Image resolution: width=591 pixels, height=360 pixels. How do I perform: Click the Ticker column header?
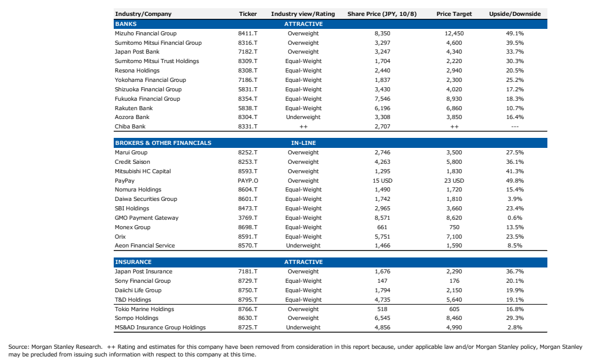(x=247, y=14)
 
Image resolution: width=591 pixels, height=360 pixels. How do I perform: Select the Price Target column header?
(x=454, y=14)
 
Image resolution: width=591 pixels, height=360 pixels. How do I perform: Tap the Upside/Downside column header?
(x=515, y=14)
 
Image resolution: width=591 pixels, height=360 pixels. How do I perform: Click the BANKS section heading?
(x=126, y=24)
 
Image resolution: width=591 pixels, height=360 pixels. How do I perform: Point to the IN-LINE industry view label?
(x=303, y=143)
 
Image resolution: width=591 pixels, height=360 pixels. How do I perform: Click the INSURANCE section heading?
(x=133, y=262)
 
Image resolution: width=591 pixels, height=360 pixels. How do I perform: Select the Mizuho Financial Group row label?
(x=146, y=33)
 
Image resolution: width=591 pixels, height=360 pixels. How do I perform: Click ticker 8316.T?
(x=247, y=42)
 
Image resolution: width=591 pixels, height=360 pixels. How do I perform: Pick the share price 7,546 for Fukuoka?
(x=382, y=99)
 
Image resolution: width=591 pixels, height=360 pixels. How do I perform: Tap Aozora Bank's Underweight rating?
(x=303, y=117)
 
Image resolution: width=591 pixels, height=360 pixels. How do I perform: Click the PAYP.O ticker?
(x=247, y=180)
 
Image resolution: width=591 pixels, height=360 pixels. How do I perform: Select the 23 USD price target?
(x=454, y=180)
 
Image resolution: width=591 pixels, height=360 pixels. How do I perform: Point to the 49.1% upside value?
(x=515, y=33)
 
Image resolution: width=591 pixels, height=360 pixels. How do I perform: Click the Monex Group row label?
(x=133, y=227)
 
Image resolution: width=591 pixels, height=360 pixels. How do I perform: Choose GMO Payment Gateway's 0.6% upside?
(x=515, y=218)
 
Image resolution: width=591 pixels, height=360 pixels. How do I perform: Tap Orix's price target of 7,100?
(x=454, y=237)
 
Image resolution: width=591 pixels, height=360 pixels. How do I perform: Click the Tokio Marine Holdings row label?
(x=144, y=309)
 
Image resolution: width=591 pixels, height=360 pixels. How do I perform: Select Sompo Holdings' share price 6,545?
(x=382, y=318)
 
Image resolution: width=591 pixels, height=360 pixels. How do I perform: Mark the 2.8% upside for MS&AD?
(x=515, y=328)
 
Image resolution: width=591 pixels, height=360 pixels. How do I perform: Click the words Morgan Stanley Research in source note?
(x=67, y=347)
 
